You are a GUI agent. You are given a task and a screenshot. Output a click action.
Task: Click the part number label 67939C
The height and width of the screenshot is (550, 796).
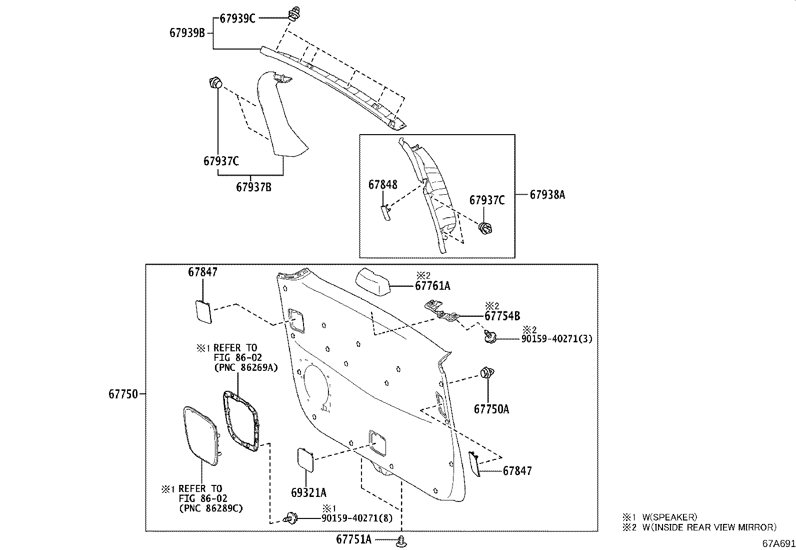(237, 19)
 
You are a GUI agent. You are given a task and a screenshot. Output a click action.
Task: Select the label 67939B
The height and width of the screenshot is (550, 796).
(187, 33)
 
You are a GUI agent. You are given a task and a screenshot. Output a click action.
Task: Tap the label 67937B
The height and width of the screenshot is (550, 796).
(253, 187)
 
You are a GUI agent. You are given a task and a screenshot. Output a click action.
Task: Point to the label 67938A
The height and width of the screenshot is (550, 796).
(547, 195)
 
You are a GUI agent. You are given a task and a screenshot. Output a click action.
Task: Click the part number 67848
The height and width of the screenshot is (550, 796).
(383, 185)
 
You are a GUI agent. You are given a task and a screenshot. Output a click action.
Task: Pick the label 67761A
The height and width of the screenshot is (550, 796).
(432, 286)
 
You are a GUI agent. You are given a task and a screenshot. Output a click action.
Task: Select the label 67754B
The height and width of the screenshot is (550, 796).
(502, 316)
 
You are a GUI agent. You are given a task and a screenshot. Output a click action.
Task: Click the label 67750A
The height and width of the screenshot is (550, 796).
(491, 409)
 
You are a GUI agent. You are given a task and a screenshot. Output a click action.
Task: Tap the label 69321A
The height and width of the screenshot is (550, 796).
(308, 493)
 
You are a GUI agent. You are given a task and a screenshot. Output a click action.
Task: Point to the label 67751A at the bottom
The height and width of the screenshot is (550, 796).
(354, 539)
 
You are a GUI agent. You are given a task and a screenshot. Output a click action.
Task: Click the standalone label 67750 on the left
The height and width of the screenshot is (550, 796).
(123, 394)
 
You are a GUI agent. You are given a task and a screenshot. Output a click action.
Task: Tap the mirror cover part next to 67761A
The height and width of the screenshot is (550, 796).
(373, 282)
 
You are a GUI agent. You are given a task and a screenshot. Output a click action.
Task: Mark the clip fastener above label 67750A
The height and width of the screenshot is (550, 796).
(486, 373)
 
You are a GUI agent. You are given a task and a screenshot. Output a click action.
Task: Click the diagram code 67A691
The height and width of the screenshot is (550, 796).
(778, 543)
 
